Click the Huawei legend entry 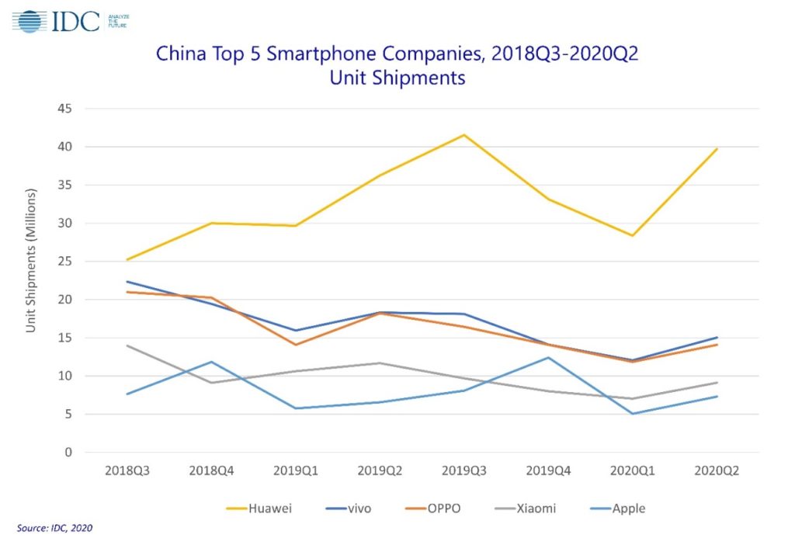259,508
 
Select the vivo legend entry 349,508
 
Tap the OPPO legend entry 433,508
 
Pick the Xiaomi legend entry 525,508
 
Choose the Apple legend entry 617,508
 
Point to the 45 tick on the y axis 65,109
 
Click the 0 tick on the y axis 68,452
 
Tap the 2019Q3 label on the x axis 464,470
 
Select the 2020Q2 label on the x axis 717,470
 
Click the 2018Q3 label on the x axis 127,470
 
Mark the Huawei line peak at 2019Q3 464,135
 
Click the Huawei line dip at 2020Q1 632,235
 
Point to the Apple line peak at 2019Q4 548,357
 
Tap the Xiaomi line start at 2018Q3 127,345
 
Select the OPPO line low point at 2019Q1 296,345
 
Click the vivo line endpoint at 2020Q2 717,337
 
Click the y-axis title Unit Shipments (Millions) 31,261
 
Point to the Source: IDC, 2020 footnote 55,528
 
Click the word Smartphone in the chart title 318,54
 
